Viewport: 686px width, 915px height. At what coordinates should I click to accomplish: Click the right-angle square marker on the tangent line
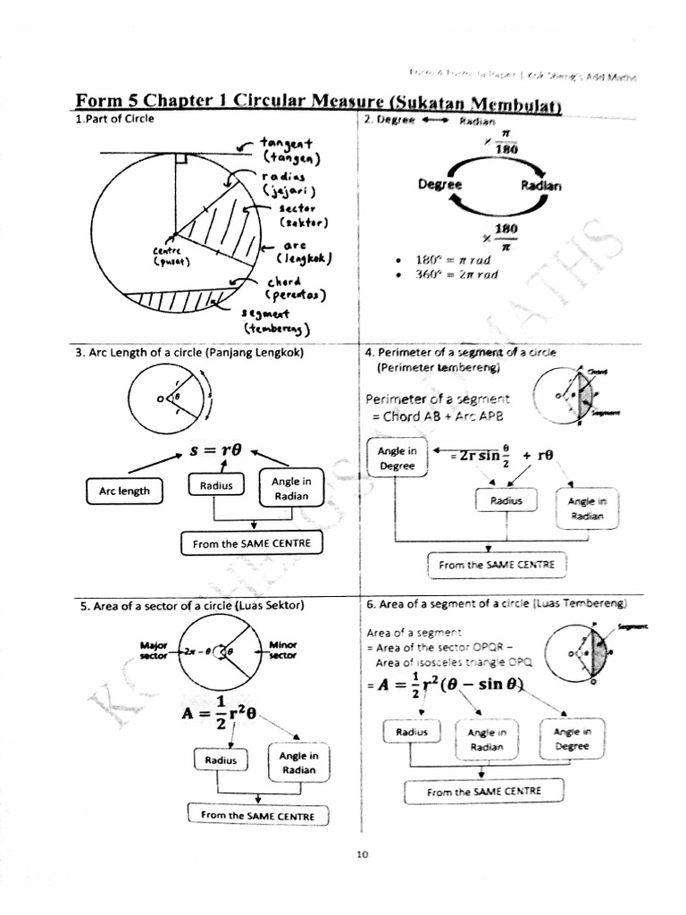coord(180,159)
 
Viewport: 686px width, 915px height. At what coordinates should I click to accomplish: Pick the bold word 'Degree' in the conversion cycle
coord(439,185)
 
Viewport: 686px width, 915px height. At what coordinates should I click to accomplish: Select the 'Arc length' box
coord(124,491)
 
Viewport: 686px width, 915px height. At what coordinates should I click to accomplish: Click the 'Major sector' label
coord(155,650)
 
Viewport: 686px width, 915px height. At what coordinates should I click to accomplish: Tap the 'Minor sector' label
coord(282,650)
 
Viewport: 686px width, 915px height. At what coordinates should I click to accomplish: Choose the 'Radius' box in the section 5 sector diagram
coord(220,760)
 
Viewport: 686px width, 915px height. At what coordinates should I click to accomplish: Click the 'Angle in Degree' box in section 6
coord(572,739)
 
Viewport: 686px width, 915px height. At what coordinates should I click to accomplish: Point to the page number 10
coord(362,854)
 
